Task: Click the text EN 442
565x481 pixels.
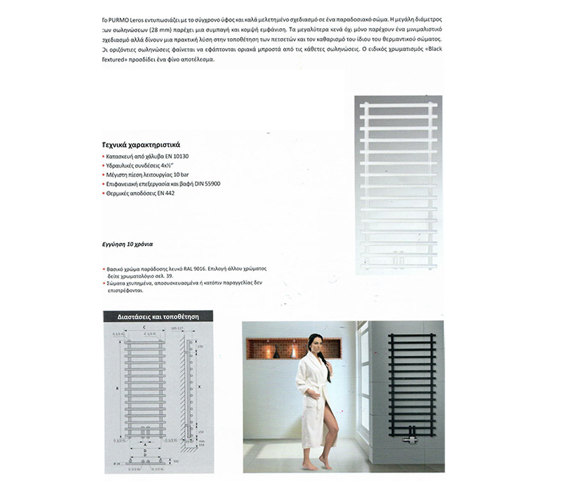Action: [166, 194]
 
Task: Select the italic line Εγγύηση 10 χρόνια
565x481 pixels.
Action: [128, 243]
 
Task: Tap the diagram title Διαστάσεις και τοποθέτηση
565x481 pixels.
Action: [158, 317]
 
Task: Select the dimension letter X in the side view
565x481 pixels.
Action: [200, 387]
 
